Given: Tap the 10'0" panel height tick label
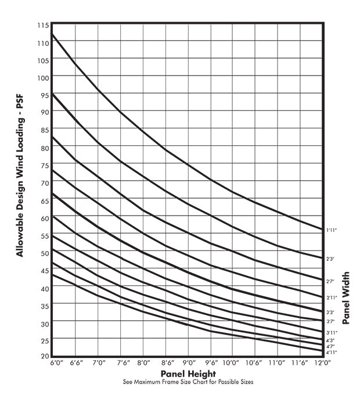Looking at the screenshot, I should click(x=232, y=363).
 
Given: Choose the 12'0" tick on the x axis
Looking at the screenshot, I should click(x=321, y=363).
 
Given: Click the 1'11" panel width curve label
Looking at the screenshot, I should click(x=332, y=231).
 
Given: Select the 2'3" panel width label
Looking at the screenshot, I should click(x=330, y=258).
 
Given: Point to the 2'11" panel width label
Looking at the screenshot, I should click(x=332, y=298).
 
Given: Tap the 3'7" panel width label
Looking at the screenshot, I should click(x=330, y=321).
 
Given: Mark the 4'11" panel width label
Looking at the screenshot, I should click(x=332, y=352).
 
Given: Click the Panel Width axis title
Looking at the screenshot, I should click(x=346, y=297).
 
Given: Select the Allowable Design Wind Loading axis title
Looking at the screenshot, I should click(x=20, y=185).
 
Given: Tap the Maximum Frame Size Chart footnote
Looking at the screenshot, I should click(x=188, y=382).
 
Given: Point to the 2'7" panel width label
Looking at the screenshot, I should click(x=330, y=281).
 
